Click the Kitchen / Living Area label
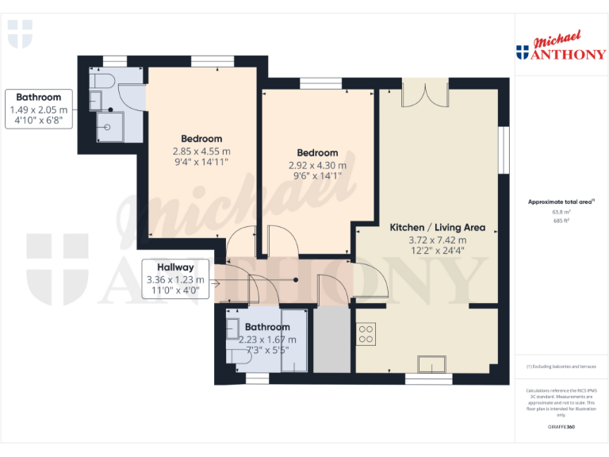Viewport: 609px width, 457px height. click(437, 228)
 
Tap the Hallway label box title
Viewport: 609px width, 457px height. click(175, 267)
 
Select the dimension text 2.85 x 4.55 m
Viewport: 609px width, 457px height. click(202, 151)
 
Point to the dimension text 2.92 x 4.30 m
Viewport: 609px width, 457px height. click(317, 166)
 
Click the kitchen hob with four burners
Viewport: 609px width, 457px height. click(366, 334)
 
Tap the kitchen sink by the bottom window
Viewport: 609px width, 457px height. click(433, 363)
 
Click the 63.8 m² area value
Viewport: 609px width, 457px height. click(561, 213)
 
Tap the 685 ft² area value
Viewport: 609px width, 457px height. click(561, 221)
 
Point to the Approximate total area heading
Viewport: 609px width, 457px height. click(560, 202)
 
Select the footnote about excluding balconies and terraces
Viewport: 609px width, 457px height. click(561, 366)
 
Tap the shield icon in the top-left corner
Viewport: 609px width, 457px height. click(21, 33)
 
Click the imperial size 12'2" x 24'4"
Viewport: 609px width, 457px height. click(437, 251)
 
